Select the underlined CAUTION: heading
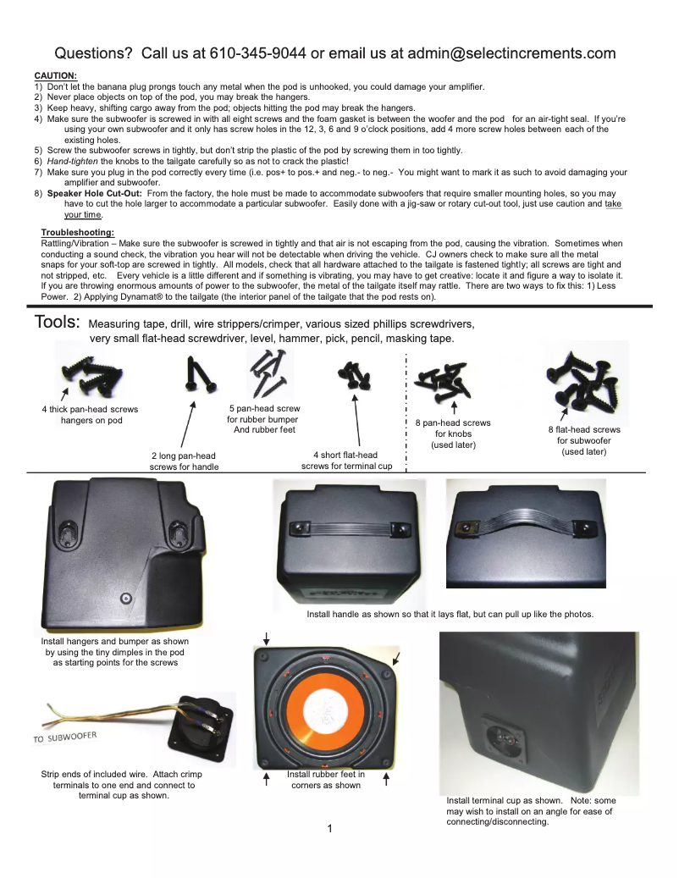tap(55, 76)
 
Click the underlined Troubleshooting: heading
tap(78, 233)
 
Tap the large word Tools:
tap(58, 323)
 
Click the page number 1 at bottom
tap(330, 827)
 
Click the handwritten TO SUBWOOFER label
tap(65, 736)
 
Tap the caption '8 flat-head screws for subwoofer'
tap(583, 440)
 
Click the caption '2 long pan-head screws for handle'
tap(184, 461)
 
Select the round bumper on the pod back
tap(125, 598)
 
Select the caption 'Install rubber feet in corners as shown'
tap(326, 780)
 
